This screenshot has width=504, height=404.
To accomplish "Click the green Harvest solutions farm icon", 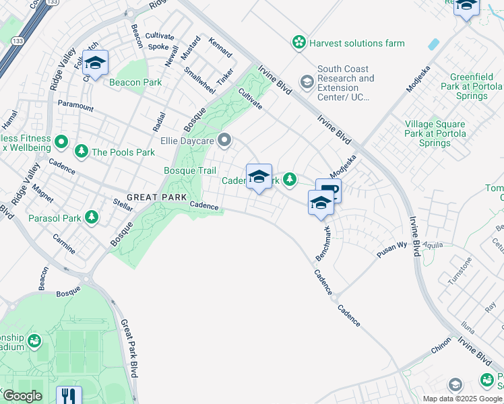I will (298, 43).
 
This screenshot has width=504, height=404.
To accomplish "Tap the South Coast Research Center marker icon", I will (307, 83).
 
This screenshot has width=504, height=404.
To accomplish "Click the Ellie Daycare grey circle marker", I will (224, 141).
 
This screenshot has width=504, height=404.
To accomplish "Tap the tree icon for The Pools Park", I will (82, 151).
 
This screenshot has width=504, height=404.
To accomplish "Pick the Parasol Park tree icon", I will (91, 218).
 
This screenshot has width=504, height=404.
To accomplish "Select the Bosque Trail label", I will (189, 171).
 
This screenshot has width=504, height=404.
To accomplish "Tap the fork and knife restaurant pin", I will (68, 396).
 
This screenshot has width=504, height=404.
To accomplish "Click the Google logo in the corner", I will (22, 397).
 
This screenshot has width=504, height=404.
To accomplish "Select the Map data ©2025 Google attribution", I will (462, 399).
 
